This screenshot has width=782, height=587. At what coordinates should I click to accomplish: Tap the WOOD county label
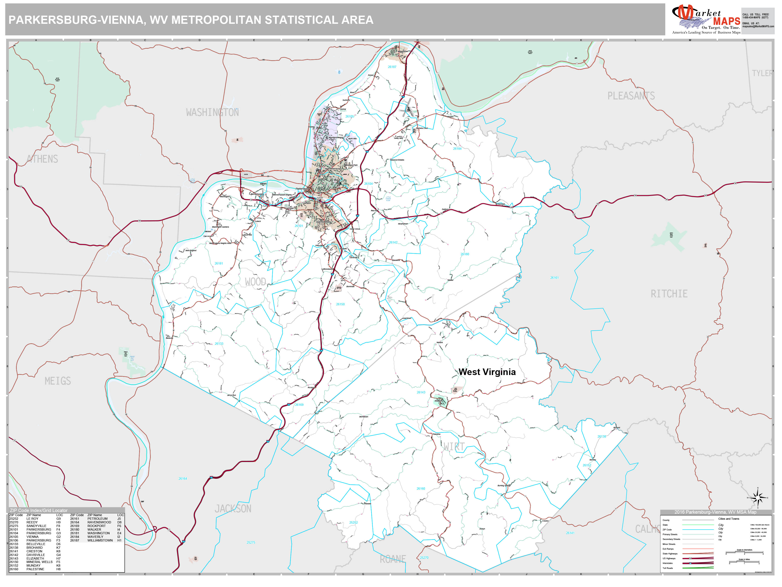click(255, 282)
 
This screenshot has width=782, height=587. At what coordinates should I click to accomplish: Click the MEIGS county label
click(58, 381)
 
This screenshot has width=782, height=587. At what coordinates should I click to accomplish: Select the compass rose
click(758, 498)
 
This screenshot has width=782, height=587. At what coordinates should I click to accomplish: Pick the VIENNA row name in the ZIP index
click(33, 537)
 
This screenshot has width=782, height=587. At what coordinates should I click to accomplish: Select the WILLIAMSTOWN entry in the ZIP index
click(100, 540)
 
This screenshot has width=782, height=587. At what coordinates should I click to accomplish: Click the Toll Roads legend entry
click(668, 568)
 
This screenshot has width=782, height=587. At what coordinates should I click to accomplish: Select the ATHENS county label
click(42, 159)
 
